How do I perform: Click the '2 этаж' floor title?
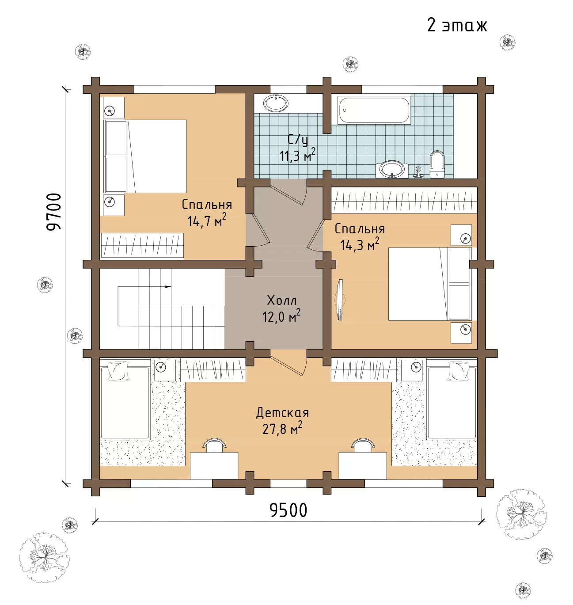pyautogui.click(x=457, y=25)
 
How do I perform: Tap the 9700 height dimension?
pyautogui.click(x=54, y=212)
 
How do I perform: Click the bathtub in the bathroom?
pyautogui.click(x=374, y=110)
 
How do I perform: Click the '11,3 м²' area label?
pyautogui.click(x=298, y=155)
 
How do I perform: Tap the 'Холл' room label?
pyautogui.click(x=282, y=300)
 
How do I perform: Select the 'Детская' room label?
pyautogui.click(x=282, y=413)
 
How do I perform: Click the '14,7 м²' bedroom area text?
pyautogui.click(x=207, y=220)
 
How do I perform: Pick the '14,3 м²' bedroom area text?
pyautogui.click(x=360, y=244)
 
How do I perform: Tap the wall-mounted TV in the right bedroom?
pyautogui.click(x=340, y=300)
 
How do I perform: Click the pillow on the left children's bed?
pyautogui.click(x=118, y=371)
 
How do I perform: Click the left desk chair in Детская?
pyautogui.click(x=215, y=445)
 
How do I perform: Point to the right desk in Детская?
pyautogui.click(x=363, y=466)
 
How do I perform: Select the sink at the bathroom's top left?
pyautogui.click(x=276, y=103)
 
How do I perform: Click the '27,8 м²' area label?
pyautogui.click(x=282, y=429)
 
